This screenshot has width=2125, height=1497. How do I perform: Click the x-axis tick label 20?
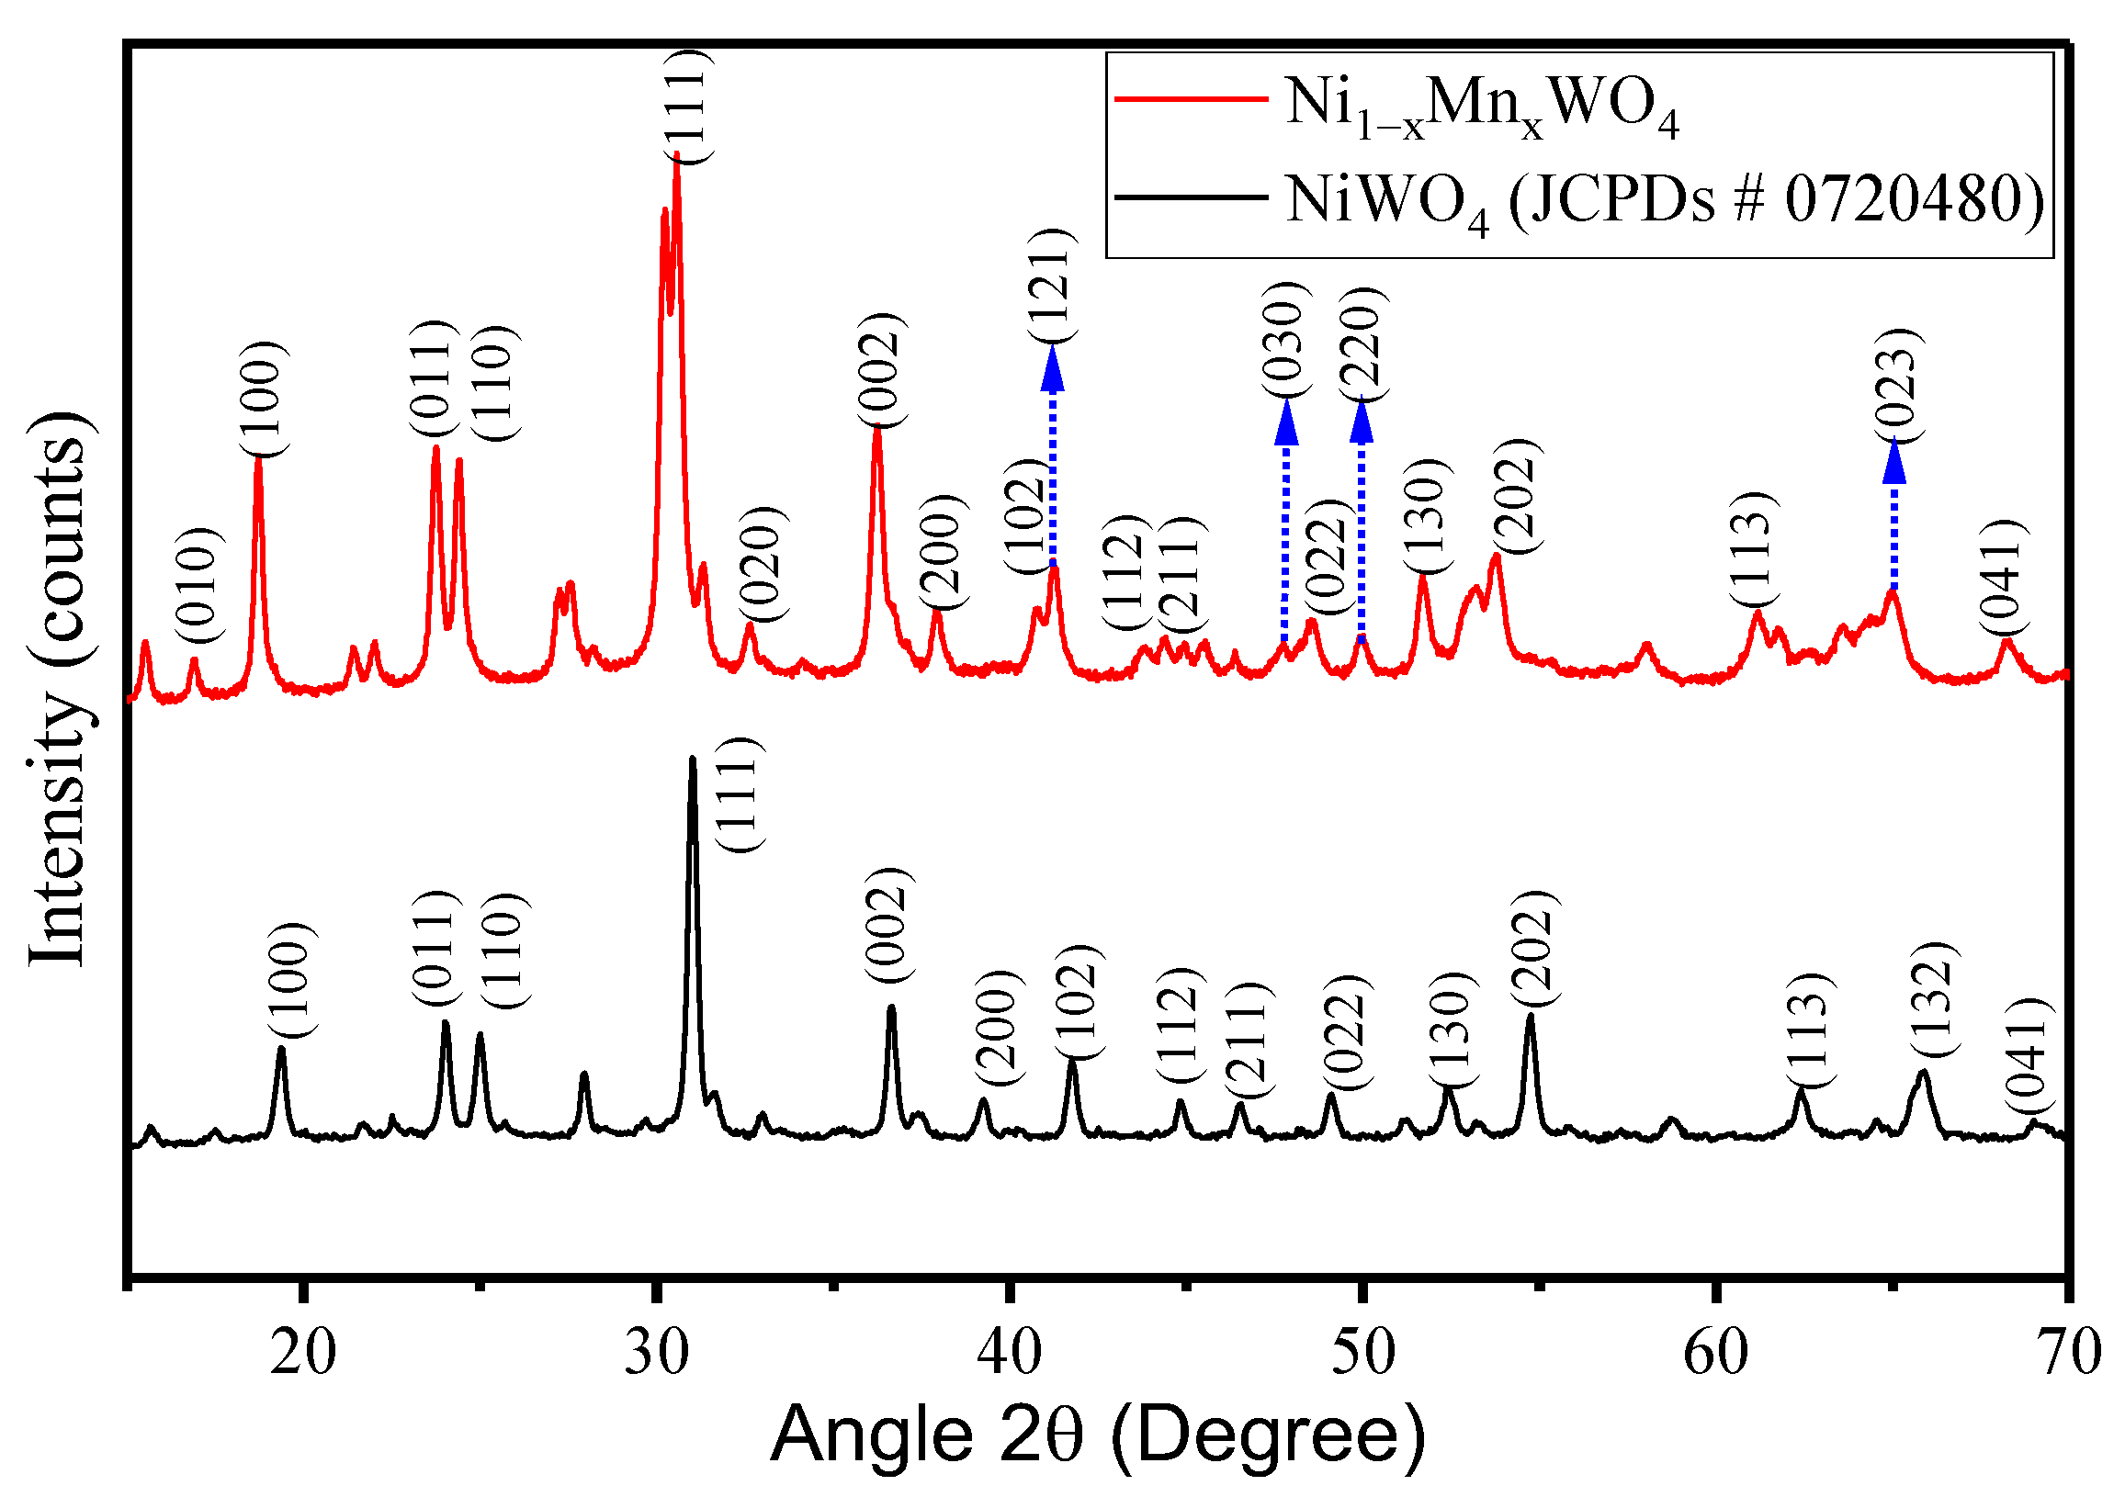click(302, 1354)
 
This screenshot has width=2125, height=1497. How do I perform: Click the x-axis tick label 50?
click(1362, 1354)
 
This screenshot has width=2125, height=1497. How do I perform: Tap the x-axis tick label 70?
click(2068, 1354)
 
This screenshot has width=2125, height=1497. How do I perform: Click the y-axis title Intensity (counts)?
click(57, 690)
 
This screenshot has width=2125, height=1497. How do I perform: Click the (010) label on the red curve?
click(199, 586)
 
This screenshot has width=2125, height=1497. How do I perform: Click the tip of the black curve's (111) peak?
click(693, 759)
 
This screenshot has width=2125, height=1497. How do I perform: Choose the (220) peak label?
click(1362, 343)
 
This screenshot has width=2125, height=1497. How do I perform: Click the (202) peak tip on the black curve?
click(1531, 1017)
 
